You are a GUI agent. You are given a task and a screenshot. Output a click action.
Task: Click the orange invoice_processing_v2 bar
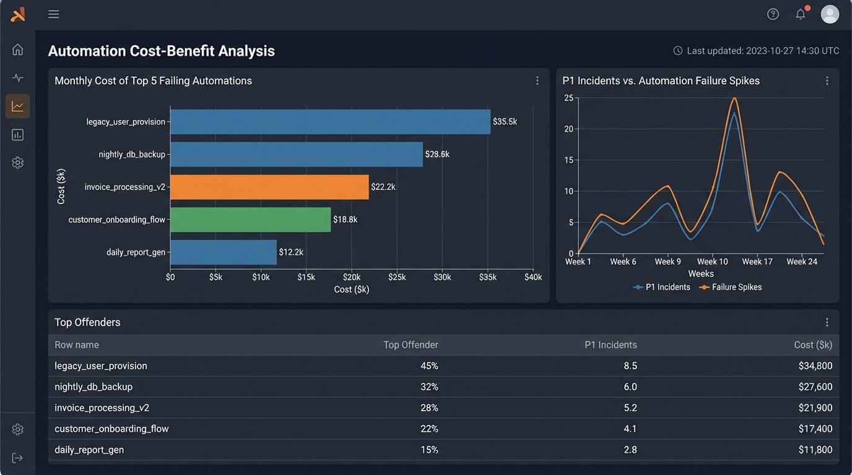[x=269, y=187]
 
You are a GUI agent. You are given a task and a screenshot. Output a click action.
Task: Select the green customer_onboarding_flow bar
[x=250, y=220]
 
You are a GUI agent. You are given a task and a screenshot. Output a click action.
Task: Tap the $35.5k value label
[x=505, y=122]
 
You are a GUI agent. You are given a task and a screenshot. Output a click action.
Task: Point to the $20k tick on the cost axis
[x=352, y=277]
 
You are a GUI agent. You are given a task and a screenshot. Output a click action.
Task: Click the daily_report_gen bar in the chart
[x=223, y=252]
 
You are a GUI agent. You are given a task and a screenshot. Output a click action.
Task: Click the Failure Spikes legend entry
[x=731, y=287]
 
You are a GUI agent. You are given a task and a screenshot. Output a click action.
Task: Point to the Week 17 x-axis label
[x=757, y=262]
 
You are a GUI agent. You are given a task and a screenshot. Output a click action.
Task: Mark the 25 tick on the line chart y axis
[x=568, y=98]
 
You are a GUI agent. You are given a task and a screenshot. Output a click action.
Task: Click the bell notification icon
[x=801, y=14]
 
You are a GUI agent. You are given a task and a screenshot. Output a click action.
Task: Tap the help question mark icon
[x=773, y=14]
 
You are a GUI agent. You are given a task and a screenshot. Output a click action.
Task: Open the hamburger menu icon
[x=54, y=14]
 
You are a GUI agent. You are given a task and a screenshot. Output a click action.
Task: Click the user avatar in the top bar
[x=830, y=14]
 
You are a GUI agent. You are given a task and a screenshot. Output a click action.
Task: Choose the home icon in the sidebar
[x=17, y=49]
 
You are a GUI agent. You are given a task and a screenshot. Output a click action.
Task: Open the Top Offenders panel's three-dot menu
[x=827, y=322]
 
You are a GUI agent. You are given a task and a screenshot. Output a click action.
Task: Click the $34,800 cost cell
[x=815, y=366]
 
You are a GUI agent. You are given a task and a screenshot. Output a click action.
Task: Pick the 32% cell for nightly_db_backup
[x=429, y=387]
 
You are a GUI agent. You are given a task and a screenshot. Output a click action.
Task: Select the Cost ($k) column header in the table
[x=813, y=344]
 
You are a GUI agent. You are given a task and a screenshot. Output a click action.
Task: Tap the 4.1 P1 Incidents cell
[x=630, y=429]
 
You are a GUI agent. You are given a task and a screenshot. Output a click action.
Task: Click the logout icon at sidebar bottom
[x=17, y=458]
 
